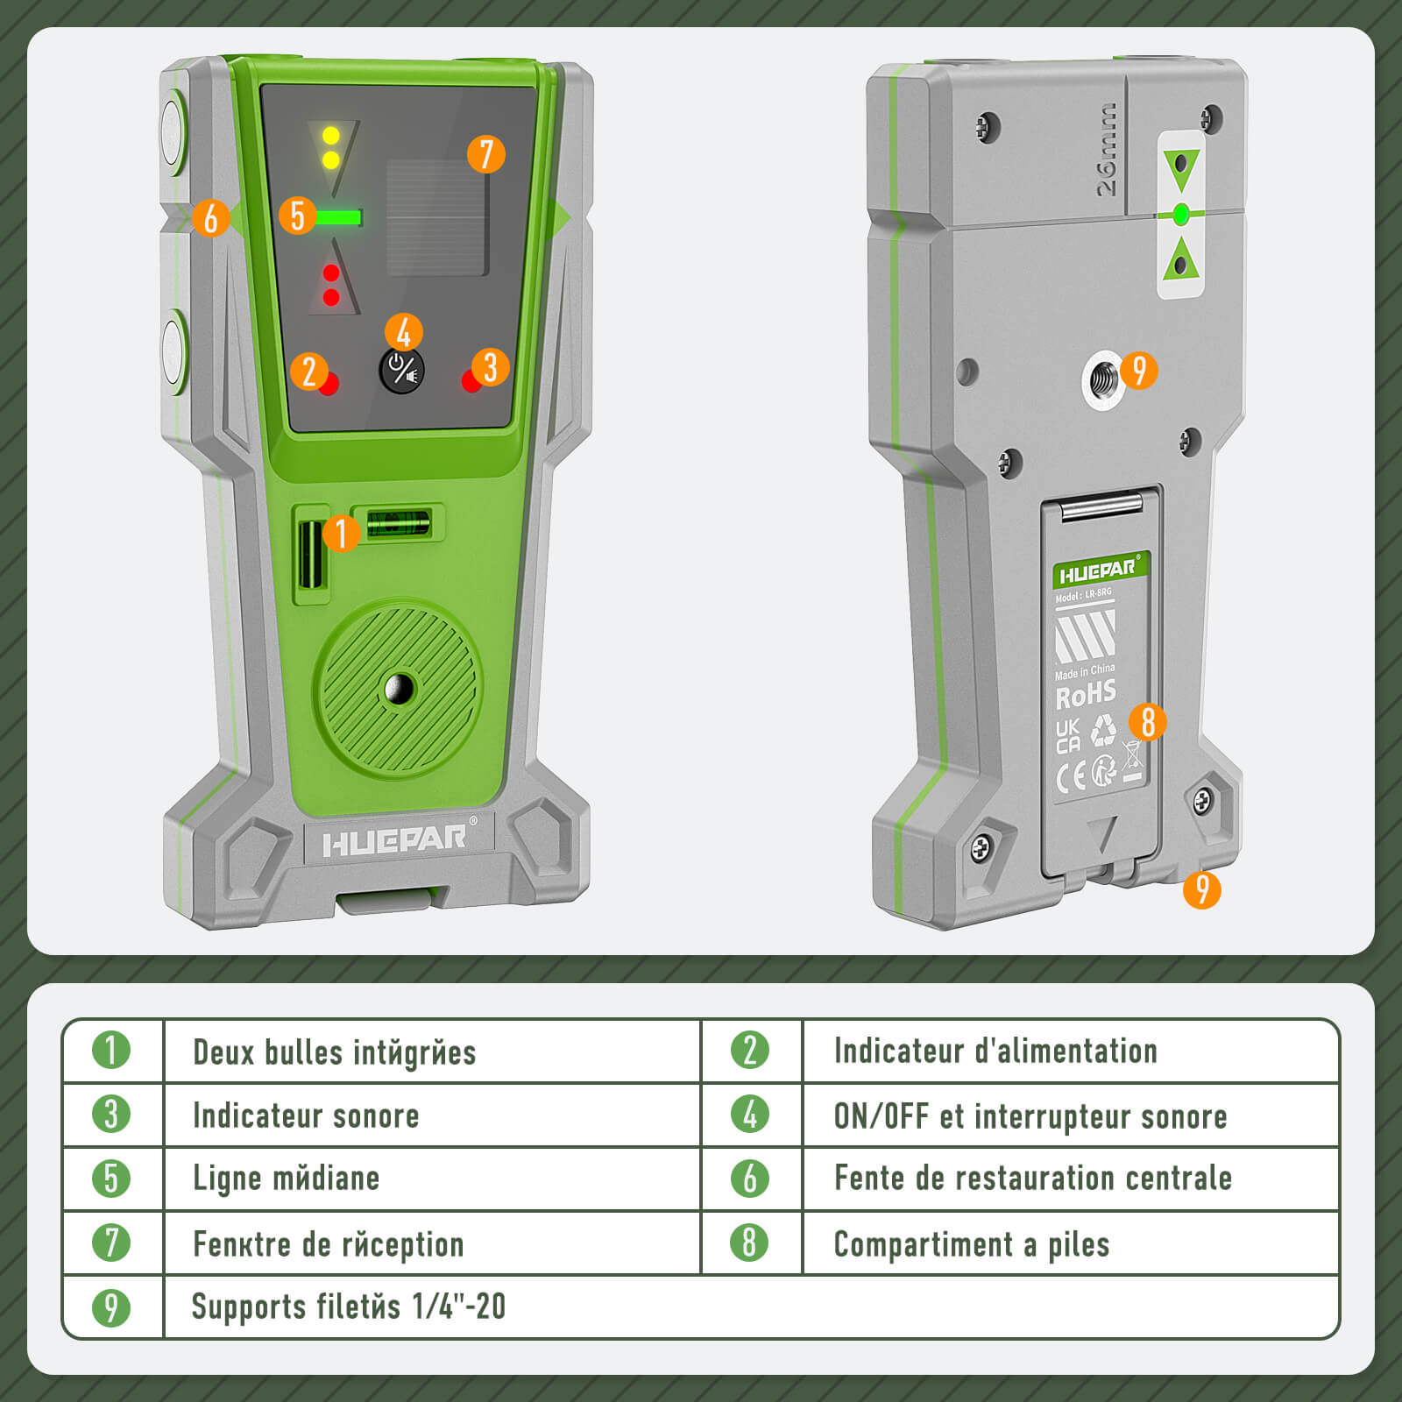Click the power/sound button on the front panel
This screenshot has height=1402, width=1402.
pyautogui.click(x=401, y=371)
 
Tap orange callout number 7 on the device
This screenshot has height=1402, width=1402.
pyautogui.click(x=486, y=154)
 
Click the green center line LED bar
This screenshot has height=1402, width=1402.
pyautogui.click(x=338, y=216)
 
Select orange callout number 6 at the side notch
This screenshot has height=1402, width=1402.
pyautogui.click(x=210, y=217)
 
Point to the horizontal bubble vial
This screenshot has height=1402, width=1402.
pyautogui.click(x=399, y=523)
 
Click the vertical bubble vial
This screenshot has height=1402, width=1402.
pyautogui.click(x=309, y=555)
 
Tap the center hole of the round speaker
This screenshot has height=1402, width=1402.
pyautogui.click(x=400, y=689)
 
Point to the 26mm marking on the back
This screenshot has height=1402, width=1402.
pyautogui.click(x=1106, y=149)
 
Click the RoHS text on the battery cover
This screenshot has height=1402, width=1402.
pyautogui.click(x=1086, y=696)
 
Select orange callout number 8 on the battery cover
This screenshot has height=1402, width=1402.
pyautogui.click(x=1148, y=722)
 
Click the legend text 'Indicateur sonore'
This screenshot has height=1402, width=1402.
pyautogui.click(x=306, y=1115)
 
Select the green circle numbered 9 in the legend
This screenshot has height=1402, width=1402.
pyautogui.click(x=111, y=1306)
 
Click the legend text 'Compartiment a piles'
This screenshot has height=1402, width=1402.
pyautogui.click(x=971, y=1243)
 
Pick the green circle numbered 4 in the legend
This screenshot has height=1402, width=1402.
pyautogui.click(x=749, y=1115)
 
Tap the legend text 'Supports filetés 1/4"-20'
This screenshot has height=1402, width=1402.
pyautogui.click(x=349, y=1306)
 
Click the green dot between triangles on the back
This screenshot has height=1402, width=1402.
pyautogui.click(x=1180, y=213)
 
